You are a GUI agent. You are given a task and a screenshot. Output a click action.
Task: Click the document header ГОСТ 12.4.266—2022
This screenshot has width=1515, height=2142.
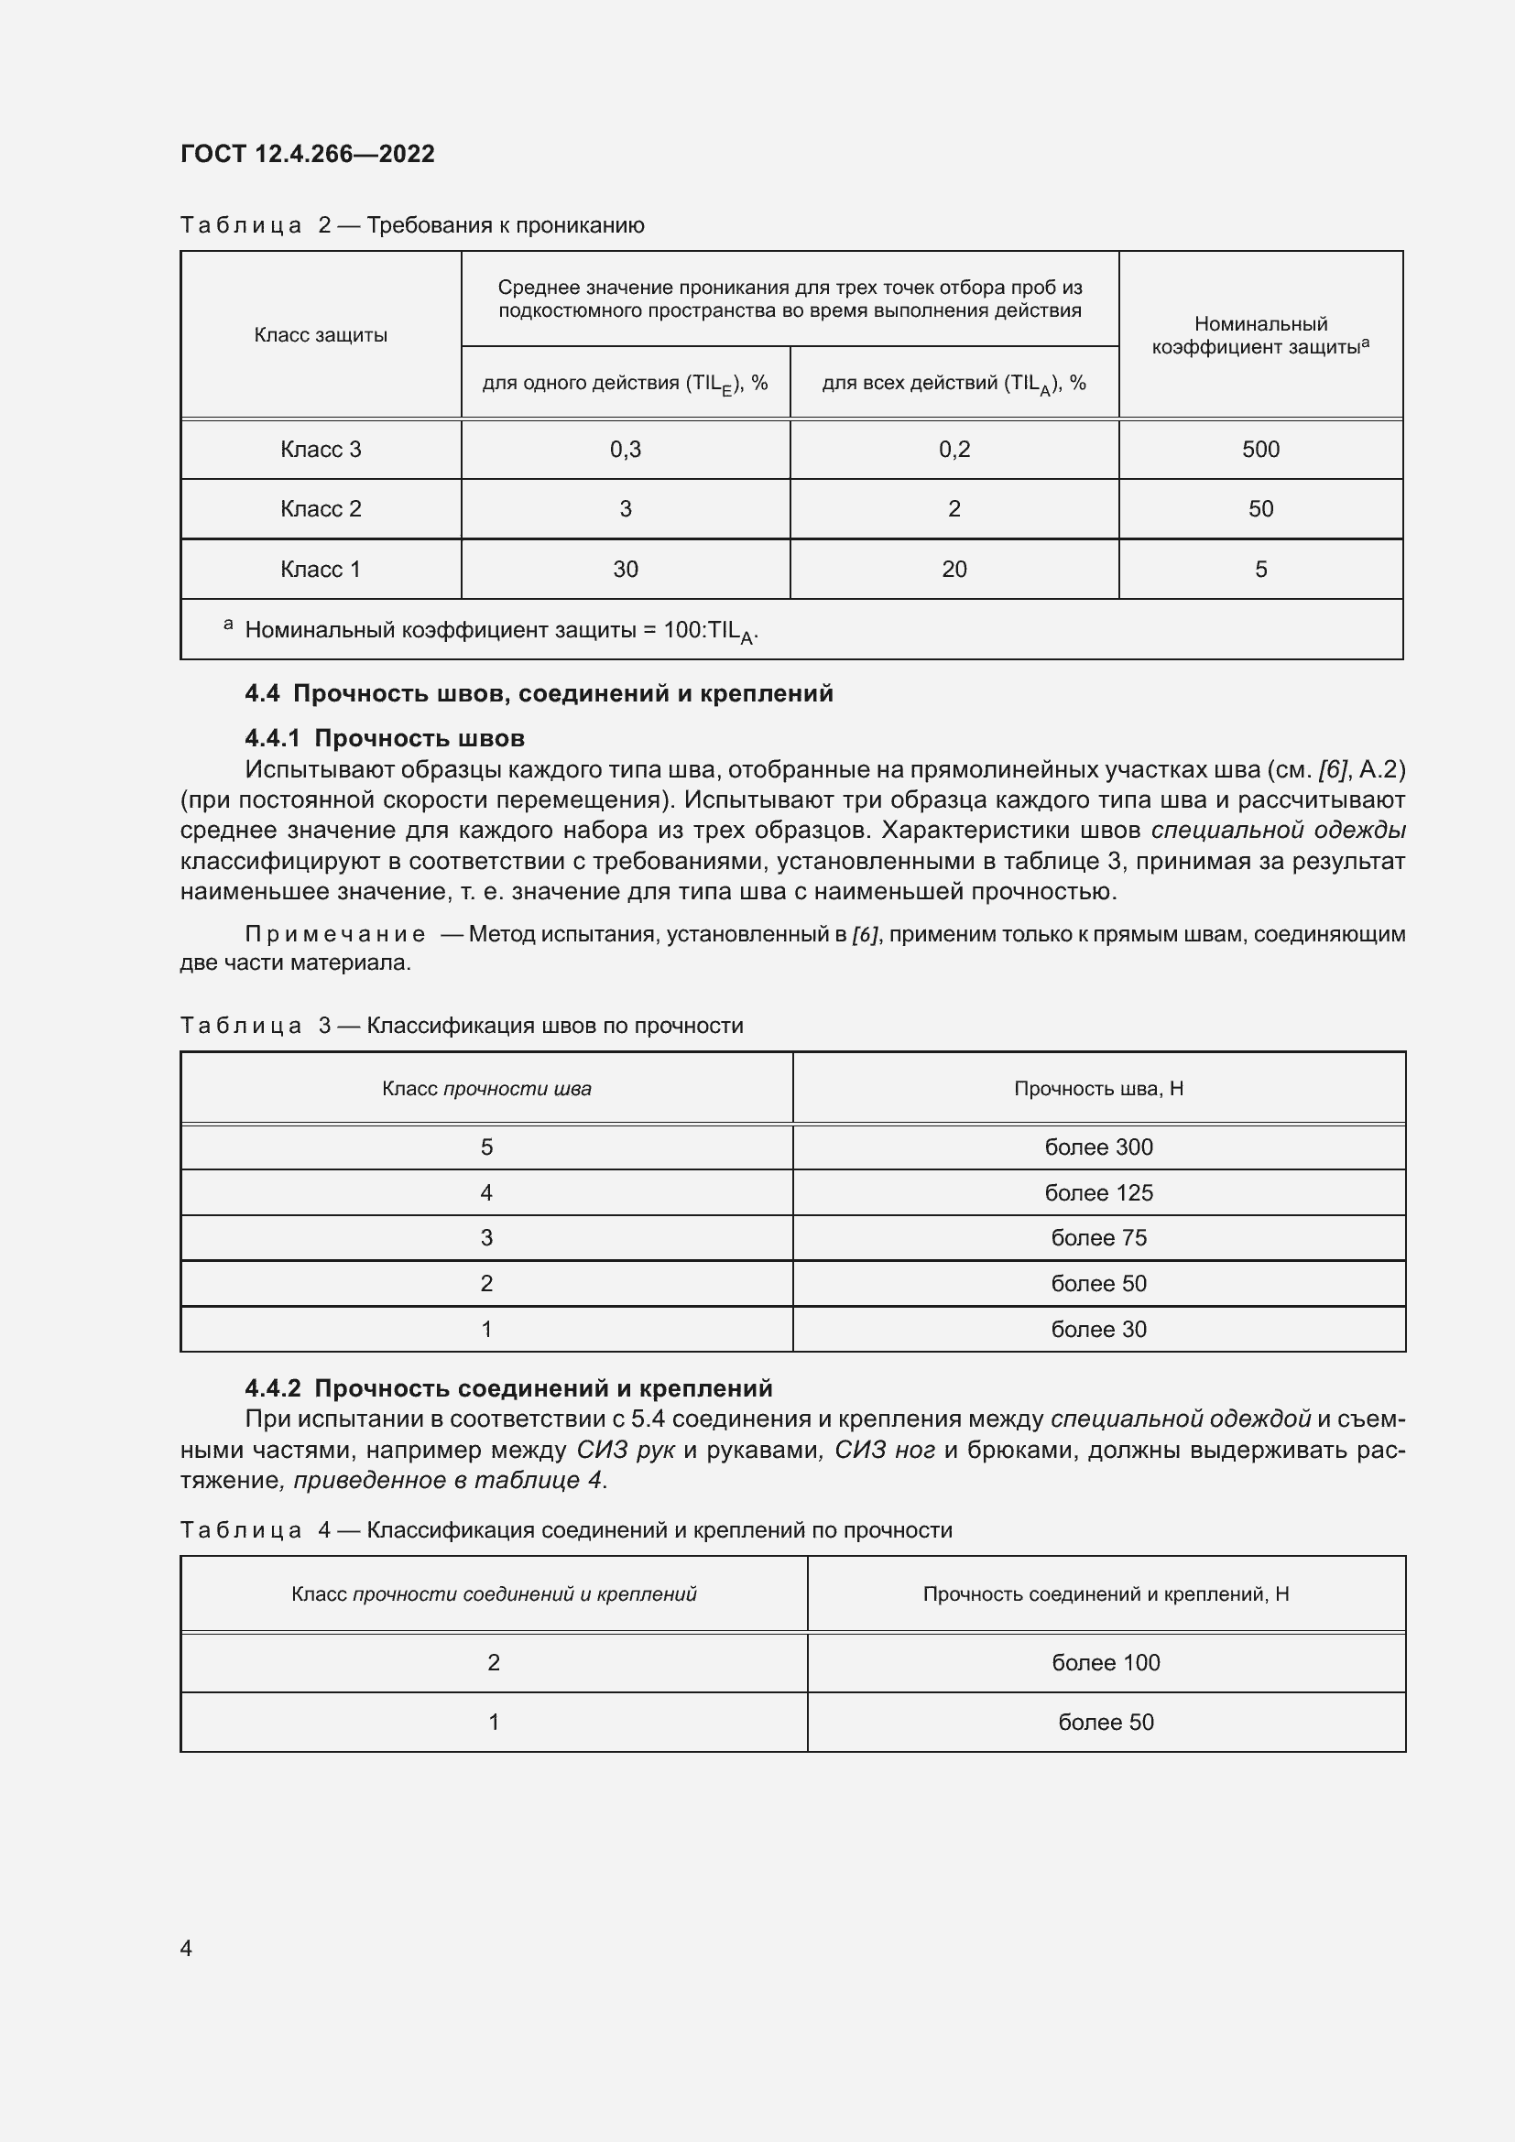coord(307,154)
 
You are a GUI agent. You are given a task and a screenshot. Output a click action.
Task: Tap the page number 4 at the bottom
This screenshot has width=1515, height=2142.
coord(186,1948)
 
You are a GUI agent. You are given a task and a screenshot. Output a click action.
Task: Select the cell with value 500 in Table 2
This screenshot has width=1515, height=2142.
coord(1260,450)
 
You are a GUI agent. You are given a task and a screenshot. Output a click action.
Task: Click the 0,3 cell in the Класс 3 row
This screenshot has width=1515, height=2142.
coord(625,450)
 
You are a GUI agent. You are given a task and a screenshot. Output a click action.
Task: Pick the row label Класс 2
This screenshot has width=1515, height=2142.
coord(320,509)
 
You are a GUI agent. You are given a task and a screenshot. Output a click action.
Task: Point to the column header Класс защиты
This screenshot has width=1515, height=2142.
coord(320,335)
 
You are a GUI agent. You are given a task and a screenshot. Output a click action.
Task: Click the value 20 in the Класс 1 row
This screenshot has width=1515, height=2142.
coord(954,569)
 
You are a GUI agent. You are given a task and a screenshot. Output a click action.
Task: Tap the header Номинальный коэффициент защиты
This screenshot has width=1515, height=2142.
coord(1260,336)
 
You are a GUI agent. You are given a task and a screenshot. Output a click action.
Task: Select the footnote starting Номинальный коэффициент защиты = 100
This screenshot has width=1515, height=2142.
coord(500,631)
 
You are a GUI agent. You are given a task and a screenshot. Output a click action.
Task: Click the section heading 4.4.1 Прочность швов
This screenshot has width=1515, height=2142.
coord(385,739)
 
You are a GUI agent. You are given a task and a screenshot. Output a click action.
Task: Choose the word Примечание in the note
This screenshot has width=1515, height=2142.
coord(335,935)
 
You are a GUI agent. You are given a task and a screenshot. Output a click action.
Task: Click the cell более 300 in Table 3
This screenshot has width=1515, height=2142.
coord(1098,1147)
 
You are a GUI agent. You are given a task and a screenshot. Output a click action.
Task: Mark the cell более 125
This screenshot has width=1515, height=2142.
coord(1098,1193)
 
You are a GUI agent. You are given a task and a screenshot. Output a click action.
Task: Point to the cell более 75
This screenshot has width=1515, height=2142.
coord(1098,1238)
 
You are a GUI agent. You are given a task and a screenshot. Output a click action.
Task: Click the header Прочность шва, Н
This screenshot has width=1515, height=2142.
coord(1098,1089)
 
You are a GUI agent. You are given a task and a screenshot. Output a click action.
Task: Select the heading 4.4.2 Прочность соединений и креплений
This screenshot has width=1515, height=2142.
coord(508,1388)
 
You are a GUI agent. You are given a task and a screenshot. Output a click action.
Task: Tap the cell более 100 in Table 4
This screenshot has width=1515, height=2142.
coord(1106,1662)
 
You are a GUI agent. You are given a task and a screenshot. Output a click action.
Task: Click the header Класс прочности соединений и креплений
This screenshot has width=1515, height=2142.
coord(494,1594)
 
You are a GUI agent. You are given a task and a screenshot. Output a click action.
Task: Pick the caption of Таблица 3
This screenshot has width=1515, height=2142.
coord(461,1027)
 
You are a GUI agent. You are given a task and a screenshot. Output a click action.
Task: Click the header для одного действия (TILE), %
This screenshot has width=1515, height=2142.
coord(625,384)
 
